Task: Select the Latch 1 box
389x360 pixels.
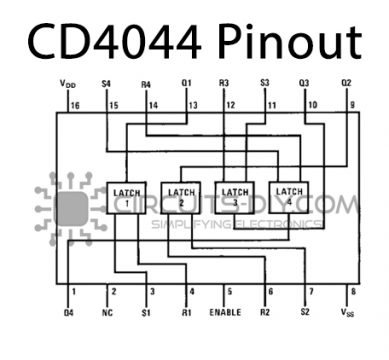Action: [x=128, y=196]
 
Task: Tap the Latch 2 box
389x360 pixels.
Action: [x=182, y=196]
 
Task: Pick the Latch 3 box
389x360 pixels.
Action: [x=235, y=196]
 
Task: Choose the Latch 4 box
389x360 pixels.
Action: [x=289, y=196]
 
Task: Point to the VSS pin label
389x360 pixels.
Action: [x=348, y=313]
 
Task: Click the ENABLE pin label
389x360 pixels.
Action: [x=226, y=313]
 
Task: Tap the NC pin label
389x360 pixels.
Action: [x=109, y=313]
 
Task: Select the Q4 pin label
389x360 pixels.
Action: [x=68, y=313]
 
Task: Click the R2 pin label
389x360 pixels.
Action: [x=265, y=313]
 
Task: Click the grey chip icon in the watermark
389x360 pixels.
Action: [x=70, y=208]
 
